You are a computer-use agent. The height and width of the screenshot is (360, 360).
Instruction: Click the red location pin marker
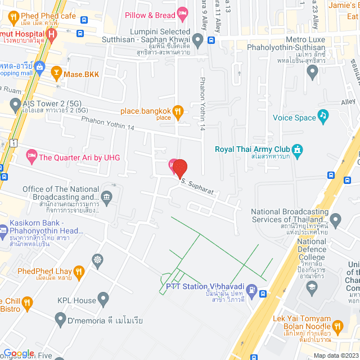(179, 168)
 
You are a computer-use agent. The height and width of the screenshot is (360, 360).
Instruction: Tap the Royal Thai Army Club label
(251, 149)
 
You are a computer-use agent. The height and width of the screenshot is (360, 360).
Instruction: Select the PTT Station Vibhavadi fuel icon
(251, 292)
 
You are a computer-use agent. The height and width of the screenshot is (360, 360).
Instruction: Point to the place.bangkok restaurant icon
(178, 110)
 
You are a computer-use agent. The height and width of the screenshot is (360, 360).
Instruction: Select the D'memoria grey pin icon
(61, 319)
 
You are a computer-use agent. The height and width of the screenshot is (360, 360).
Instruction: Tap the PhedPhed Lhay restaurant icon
(79, 272)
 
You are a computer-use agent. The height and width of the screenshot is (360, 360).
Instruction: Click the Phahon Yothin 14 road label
(107, 123)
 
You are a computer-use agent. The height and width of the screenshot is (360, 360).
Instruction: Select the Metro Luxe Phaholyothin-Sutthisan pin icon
(313, 71)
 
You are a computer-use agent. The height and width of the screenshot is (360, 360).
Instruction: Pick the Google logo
(19, 353)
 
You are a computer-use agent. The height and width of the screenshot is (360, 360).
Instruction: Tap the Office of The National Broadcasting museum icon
(106, 196)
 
